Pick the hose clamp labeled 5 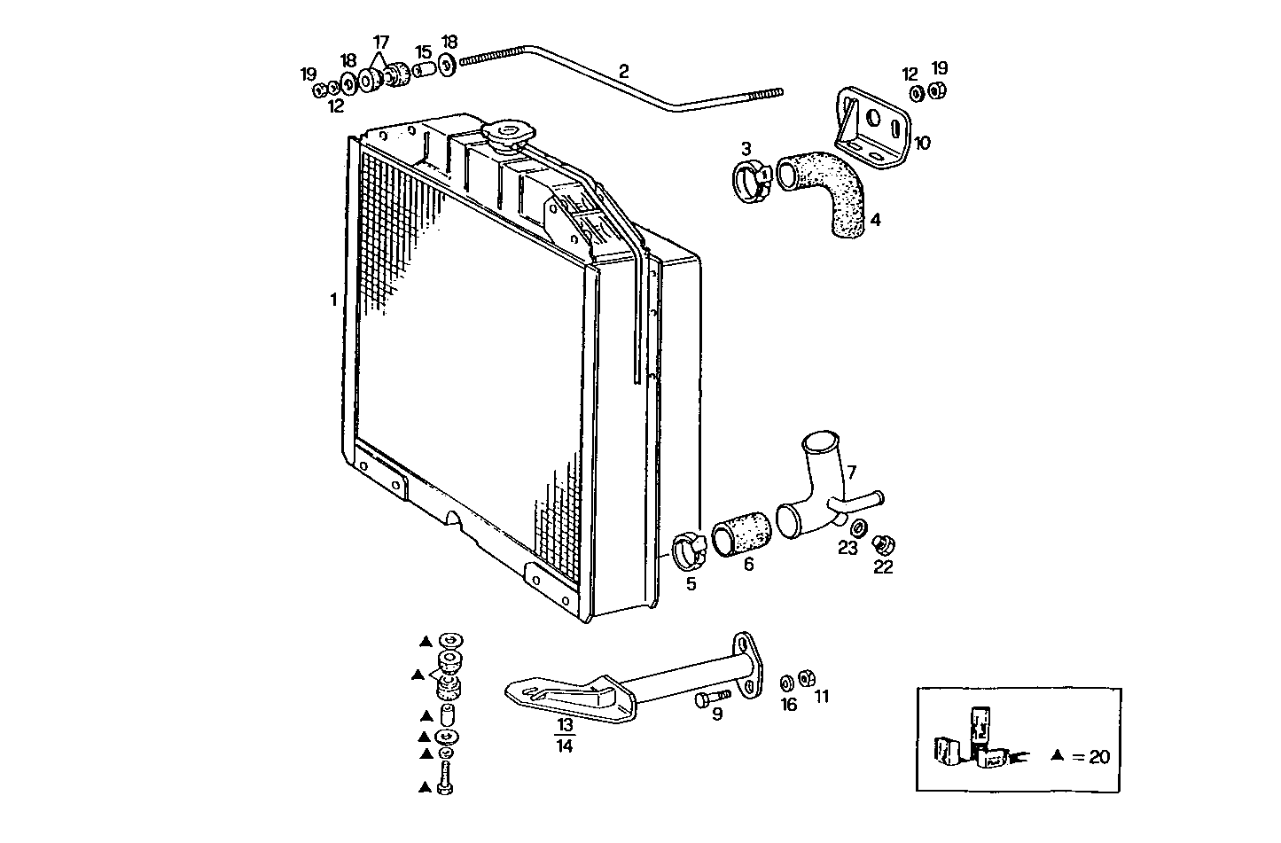690,550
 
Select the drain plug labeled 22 882,544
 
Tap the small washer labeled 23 847,529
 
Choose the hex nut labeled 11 807,678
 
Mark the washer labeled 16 786,683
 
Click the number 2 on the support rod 624,71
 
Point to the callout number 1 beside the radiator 333,300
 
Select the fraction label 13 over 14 565,735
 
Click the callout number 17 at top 380,42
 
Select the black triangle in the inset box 1056,756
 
